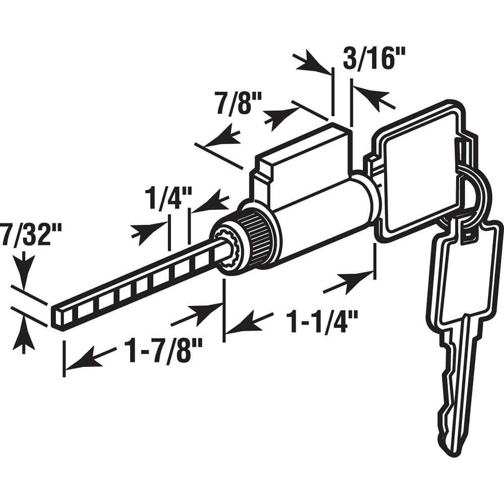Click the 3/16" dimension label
(373, 58)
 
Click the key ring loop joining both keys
(473, 193)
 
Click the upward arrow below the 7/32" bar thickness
(24, 336)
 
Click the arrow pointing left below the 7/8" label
(222, 138)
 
